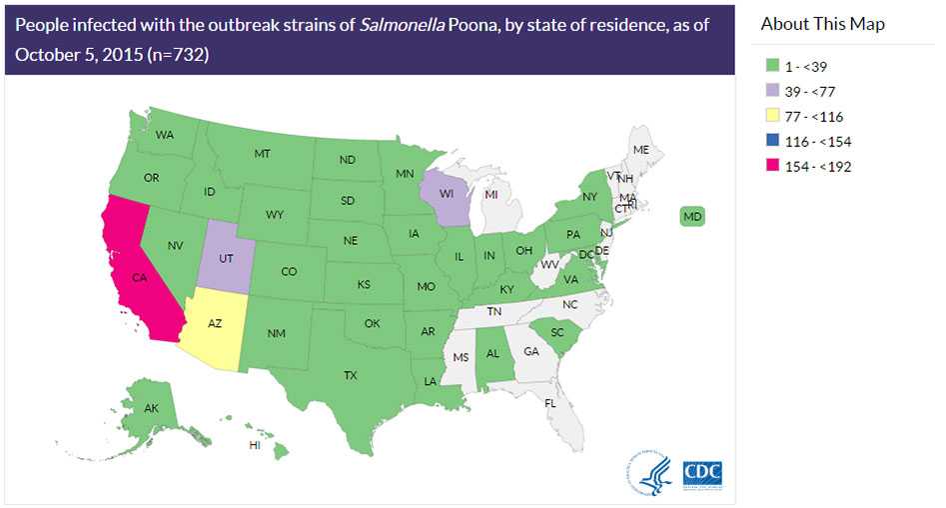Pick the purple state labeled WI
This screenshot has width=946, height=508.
click(444, 193)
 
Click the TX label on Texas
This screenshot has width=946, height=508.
click(350, 376)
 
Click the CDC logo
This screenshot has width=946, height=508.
click(701, 474)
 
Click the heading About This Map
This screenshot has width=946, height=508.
click(822, 24)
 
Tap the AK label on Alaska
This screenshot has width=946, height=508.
click(151, 408)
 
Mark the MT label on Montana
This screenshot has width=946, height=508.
click(263, 154)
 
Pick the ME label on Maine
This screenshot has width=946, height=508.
click(641, 150)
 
